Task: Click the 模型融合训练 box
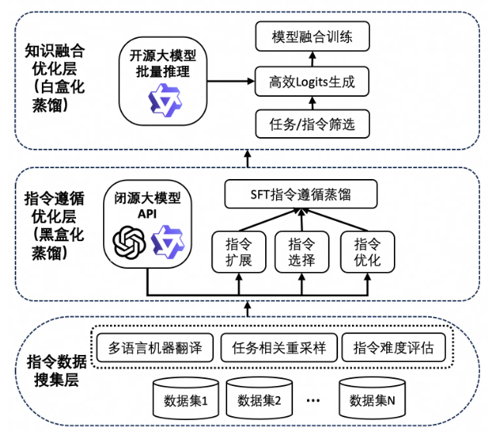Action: tap(312, 37)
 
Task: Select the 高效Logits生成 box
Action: tap(312, 81)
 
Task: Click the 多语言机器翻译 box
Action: tap(154, 347)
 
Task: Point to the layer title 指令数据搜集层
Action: tap(56, 370)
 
